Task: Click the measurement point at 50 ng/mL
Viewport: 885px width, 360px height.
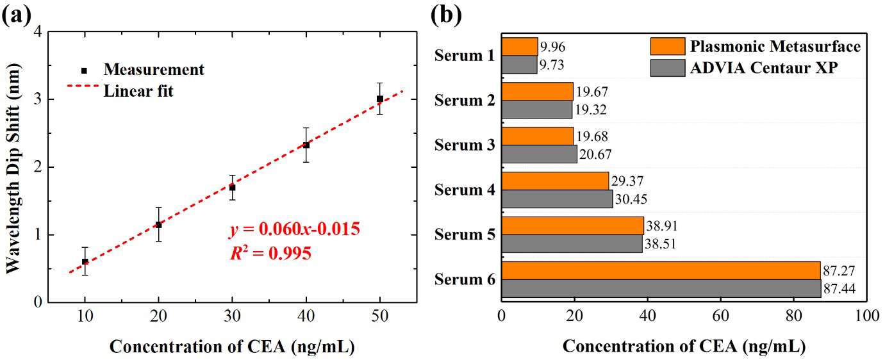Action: click(380, 99)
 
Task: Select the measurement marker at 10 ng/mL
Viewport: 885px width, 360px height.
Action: click(85, 261)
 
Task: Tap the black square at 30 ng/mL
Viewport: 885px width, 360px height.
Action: click(233, 188)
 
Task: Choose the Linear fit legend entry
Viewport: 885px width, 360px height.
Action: click(138, 91)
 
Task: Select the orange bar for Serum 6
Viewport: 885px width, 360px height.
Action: click(661, 270)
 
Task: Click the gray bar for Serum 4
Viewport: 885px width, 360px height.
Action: click(557, 199)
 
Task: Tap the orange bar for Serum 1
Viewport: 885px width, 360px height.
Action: click(520, 47)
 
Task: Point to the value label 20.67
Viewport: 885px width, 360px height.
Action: click(596, 154)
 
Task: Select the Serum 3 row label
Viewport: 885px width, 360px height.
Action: click(464, 145)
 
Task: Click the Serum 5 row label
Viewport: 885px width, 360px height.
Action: click(464, 234)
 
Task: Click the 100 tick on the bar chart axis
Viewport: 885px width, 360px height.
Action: click(866, 316)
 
